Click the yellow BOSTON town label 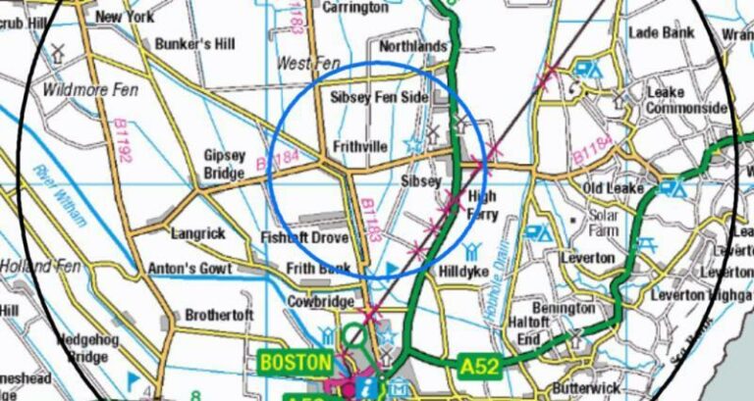click(296, 362)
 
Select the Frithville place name click(360, 147)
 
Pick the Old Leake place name click(614, 187)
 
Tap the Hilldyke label click(463, 271)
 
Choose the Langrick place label click(198, 234)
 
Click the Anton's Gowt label click(189, 269)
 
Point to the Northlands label click(412, 46)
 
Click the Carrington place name click(356, 8)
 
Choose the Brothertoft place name click(219, 315)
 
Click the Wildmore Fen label click(91, 90)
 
